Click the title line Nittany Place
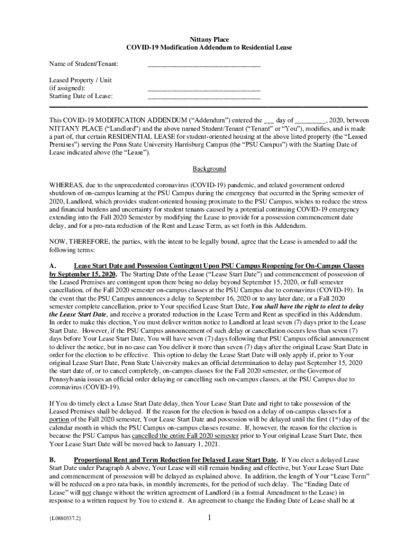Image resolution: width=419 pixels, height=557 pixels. (209, 40)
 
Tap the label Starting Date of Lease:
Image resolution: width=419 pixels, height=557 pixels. (81, 96)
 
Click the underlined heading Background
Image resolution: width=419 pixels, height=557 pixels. (209, 169)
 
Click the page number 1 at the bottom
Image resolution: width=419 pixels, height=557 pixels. (209, 533)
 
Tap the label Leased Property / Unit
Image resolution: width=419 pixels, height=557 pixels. (81, 80)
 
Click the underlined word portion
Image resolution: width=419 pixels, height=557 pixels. (60, 419)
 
